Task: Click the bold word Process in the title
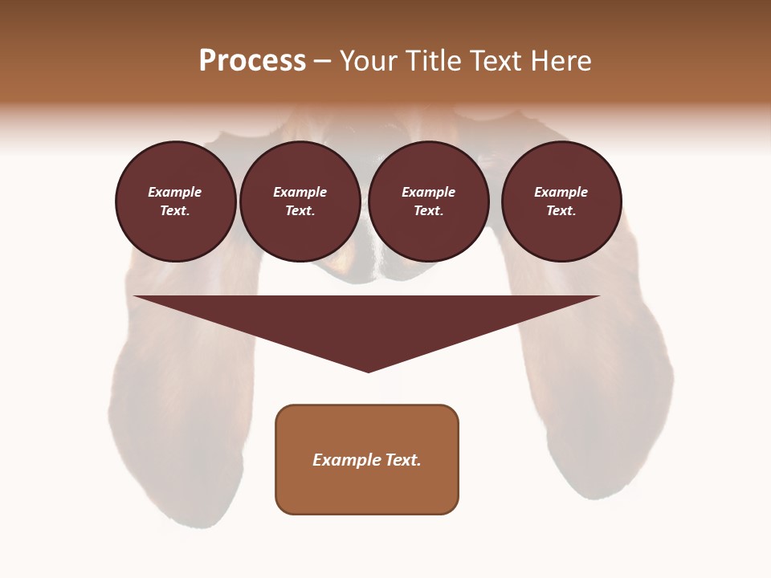point(252,61)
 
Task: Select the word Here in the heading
point(561,61)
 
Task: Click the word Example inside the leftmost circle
point(175,192)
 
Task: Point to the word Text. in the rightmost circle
point(561,210)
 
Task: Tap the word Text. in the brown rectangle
point(404,460)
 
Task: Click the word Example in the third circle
point(428,192)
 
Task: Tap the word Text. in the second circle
point(300,210)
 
